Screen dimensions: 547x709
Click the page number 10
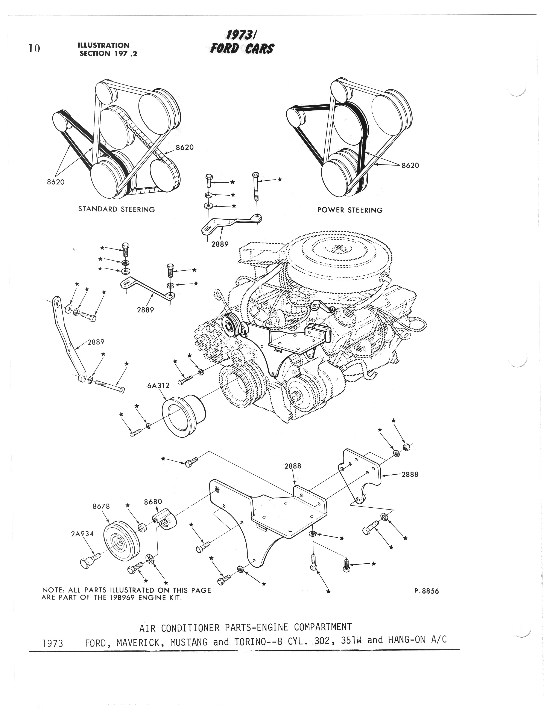pyautogui.click(x=34, y=49)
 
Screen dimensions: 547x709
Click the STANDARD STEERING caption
pyautogui.click(x=116, y=209)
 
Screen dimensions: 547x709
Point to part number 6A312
pyautogui.click(x=158, y=386)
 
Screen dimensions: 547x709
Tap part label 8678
pyautogui.click(x=101, y=506)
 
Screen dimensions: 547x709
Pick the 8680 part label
pyautogui.click(x=153, y=502)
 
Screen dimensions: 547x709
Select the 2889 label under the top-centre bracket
pyautogui.click(x=220, y=244)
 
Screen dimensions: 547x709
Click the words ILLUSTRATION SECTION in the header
pyautogui.click(x=104, y=49)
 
